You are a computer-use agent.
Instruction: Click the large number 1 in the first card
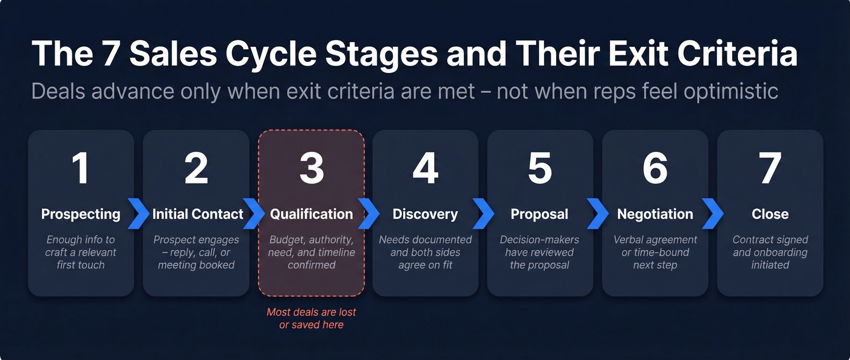pos(81,168)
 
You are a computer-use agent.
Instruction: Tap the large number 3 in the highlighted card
pos(311,168)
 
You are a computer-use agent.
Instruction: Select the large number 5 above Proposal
pos(540,168)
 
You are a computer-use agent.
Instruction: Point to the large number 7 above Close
pos(770,168)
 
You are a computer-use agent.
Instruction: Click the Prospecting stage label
pos(81,214)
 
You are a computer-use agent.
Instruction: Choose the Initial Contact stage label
pos(197,214)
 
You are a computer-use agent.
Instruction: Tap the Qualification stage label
pos(311,214)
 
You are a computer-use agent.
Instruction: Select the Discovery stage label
pos(425,214)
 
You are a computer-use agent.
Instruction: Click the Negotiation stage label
pos(655,214)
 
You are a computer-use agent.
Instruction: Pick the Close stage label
pos(770,214)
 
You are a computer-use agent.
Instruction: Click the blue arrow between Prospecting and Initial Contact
pos(139,214)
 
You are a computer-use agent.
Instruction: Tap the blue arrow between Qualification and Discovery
pos(369,214)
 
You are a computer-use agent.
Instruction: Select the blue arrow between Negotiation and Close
pos(713,214)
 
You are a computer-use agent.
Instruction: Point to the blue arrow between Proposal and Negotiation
pos(598,214)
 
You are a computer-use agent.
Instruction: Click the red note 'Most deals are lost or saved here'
pos(311,319)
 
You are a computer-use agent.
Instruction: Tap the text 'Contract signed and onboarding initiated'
pos(770,252)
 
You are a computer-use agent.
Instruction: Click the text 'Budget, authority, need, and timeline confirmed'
pos(311,252)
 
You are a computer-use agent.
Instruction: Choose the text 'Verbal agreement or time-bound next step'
pos(655,252)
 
